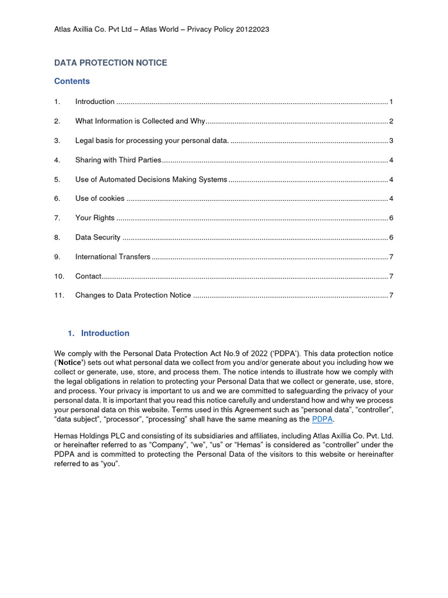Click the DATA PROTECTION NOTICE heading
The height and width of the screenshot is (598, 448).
pos(110,62)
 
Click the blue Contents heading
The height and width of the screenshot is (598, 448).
pos(72,81)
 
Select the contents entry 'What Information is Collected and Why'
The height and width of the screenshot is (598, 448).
pos(140,121)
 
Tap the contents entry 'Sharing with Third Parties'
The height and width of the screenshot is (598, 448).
pos(118,160)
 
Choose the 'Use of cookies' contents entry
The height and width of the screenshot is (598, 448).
pos(100,199)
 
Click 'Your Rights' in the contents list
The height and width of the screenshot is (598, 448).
pos(94,218)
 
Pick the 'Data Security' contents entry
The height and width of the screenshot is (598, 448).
pos(97,237)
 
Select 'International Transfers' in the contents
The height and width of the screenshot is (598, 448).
pos(113,256)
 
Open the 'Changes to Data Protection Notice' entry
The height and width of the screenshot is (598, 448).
pos(133,295)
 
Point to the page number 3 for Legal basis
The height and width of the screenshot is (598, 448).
pos(391,141)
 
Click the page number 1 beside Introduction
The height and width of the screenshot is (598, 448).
pos(391,102)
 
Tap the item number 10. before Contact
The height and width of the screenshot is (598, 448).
pos(59,276)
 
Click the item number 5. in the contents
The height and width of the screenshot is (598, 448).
pos(57,179)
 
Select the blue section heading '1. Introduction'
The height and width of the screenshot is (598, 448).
pos(99,333)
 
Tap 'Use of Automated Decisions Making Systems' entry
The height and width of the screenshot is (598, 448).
pos(151,179)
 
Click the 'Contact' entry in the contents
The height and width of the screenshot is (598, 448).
pos(88,276)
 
